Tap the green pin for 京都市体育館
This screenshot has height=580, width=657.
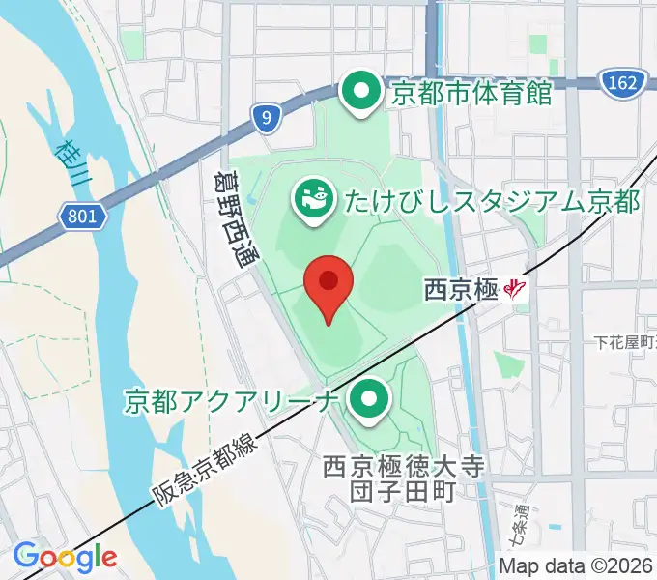click(x=362, y=93)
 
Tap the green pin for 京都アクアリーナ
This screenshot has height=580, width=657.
click(x=368, y=398)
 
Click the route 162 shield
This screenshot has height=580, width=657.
click(x=623, y=83)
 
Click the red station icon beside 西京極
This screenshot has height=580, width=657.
click(x=519, y=288)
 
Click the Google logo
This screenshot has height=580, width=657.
click(x=65, y=556)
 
